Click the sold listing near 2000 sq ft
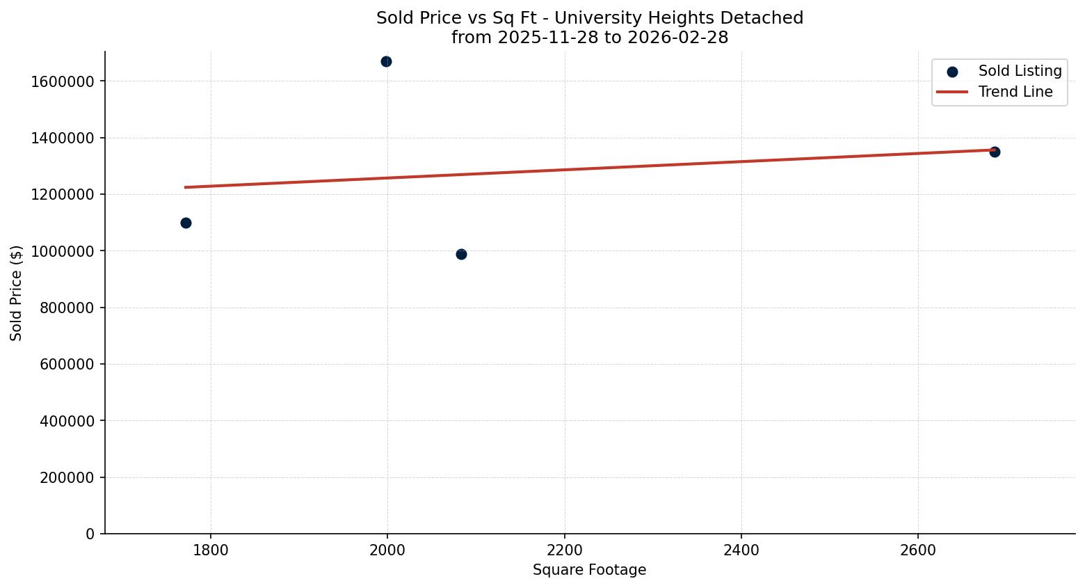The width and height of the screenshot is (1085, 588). (386, 62)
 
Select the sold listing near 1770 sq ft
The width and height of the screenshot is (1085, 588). (186, 223)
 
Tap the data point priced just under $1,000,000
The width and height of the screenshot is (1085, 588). (461, 254)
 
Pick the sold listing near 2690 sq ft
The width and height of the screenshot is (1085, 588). (995, 152)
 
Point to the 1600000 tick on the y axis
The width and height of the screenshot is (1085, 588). (63, 81)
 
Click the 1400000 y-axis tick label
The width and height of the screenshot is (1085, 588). (63, 138)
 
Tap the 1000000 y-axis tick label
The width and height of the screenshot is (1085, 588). (63, 251)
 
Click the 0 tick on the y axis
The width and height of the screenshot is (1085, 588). (90, 534)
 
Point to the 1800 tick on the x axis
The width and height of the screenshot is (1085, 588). (211, 550)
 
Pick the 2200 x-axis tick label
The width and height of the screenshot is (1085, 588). (564, 550)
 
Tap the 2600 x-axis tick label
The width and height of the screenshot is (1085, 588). (917, 550)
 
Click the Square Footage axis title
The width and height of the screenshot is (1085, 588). (589, 570)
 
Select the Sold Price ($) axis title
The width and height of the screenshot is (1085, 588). (16, 293)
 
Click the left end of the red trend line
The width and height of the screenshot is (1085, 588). (186, 187)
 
